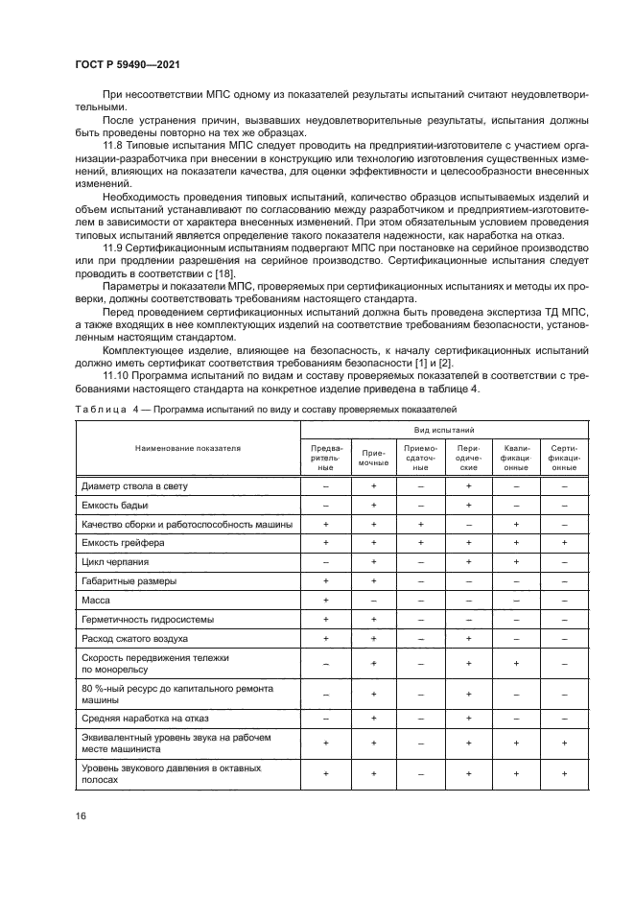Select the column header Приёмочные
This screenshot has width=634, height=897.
tap(373, 456)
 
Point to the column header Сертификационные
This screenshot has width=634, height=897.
tap(564, 456)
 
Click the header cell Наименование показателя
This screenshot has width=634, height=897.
tap(188, 448)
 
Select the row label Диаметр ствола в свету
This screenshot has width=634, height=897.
tap(134, 486)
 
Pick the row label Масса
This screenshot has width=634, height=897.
tap(96, 600)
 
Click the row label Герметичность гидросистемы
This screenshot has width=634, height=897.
tap(142, 619)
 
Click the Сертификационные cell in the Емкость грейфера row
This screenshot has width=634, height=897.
tap(564, 543)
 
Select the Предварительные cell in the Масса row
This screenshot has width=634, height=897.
tap(326, 600)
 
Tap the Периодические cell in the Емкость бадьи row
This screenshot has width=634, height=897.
tap(468, 506)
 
